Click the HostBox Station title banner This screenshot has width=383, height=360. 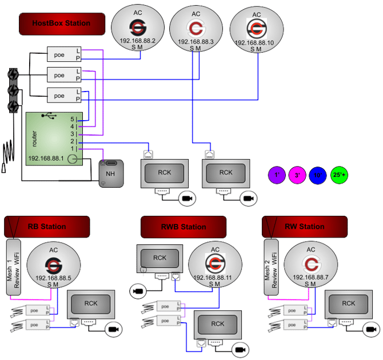[x=62, y=23]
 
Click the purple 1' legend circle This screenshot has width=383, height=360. [x=277, y=175]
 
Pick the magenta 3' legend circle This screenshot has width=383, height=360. [x=297, y=175]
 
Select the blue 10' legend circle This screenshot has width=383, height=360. [x=317, y=175]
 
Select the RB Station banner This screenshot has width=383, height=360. [x=47, y=227]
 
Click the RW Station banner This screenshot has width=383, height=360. [x=304, y=227]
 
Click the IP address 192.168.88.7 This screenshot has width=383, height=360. [x=311, y=278]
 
